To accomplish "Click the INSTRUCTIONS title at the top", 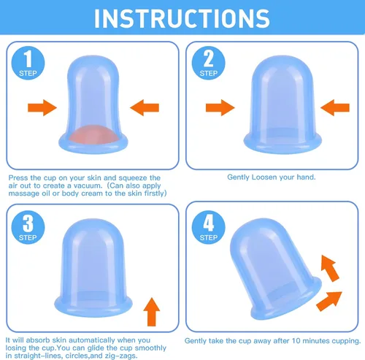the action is coord(182,18).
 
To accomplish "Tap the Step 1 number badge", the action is coord(28,63).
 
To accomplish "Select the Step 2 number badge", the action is coord(209,63).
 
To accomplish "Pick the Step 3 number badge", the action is coord(28,227).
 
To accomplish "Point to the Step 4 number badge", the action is coord(209,227).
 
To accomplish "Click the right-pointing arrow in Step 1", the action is coord(42,107).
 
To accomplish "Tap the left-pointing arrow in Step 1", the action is coord(145,107).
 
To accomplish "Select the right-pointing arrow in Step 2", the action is coord(220,107).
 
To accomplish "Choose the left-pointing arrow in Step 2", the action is coord(335,107).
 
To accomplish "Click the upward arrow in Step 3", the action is coord(152,312).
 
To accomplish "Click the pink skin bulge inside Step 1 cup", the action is coord(93,134).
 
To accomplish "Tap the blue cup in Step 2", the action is coord(283,104).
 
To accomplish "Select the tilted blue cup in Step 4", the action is coord(275,269).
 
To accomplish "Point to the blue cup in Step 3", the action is coord(93,268).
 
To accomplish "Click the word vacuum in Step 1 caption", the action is coord(88,185).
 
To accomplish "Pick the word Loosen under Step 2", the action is coord(264,177).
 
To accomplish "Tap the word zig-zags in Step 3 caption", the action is coord(121,356).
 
